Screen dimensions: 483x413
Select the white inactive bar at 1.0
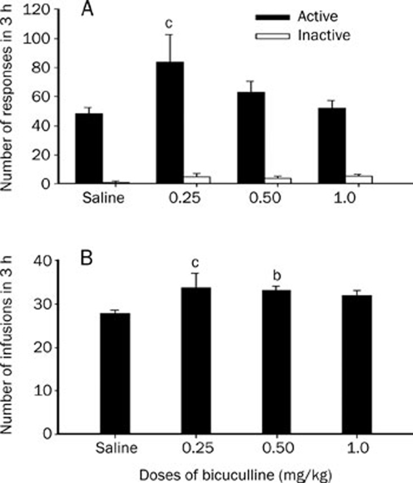[364, 179]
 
